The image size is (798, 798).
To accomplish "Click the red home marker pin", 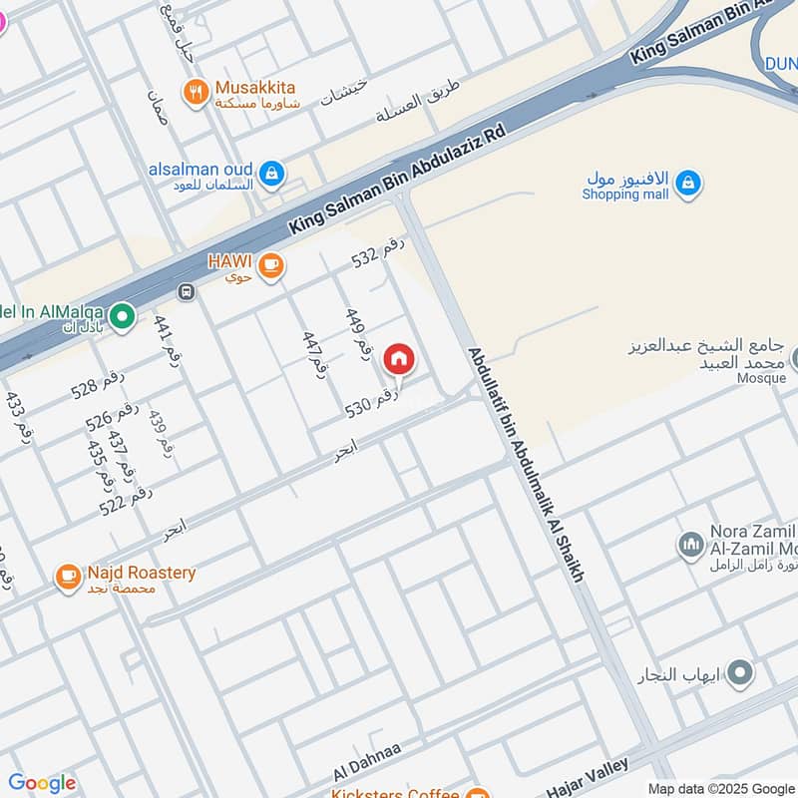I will click(399, 360).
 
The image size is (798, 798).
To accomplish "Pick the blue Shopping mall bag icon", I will click(687, 184).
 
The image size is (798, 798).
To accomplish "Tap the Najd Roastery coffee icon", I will click(68, 578).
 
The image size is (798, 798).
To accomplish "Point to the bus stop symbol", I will click(185, 292).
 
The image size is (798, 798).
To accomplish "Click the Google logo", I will click(41, 783).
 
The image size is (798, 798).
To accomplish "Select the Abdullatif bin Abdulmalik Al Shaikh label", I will click(526, 466).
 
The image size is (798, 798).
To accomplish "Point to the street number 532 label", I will click(377, 253).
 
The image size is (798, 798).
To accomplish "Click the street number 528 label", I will click(99, 383).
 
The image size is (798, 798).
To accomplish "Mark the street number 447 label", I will click(314, 351).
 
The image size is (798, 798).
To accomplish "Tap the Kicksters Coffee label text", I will click(396, 792).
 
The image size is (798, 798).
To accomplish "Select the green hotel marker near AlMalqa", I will click(122, 317).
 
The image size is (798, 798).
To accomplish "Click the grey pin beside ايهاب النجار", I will click(739, 675).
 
